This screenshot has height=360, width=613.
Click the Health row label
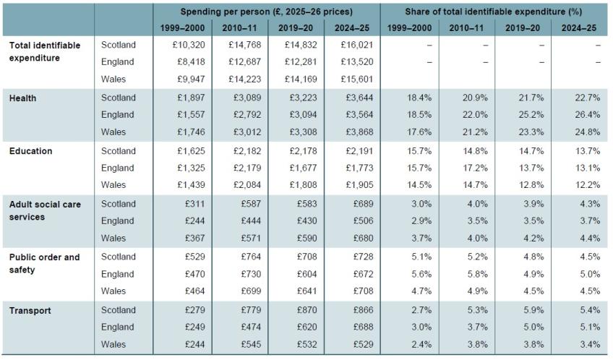22,98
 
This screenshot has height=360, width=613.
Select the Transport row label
30,311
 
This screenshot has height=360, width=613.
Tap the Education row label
31,151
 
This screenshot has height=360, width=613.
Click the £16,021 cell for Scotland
357,45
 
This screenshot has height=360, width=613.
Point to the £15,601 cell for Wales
357,80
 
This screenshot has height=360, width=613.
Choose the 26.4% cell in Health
587,115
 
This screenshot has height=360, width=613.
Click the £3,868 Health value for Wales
359,132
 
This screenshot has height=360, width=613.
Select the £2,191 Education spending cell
359,151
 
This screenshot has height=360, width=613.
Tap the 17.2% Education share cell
475,168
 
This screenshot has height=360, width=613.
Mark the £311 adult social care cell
194,204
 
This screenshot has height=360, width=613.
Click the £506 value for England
364,221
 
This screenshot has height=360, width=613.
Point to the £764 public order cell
251,257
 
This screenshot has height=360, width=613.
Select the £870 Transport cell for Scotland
307,310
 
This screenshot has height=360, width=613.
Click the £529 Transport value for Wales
364,344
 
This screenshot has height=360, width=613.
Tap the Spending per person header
266,12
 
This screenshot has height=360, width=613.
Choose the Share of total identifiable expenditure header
494,12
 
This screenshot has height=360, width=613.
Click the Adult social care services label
45,210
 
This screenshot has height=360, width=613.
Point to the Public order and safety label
45,263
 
